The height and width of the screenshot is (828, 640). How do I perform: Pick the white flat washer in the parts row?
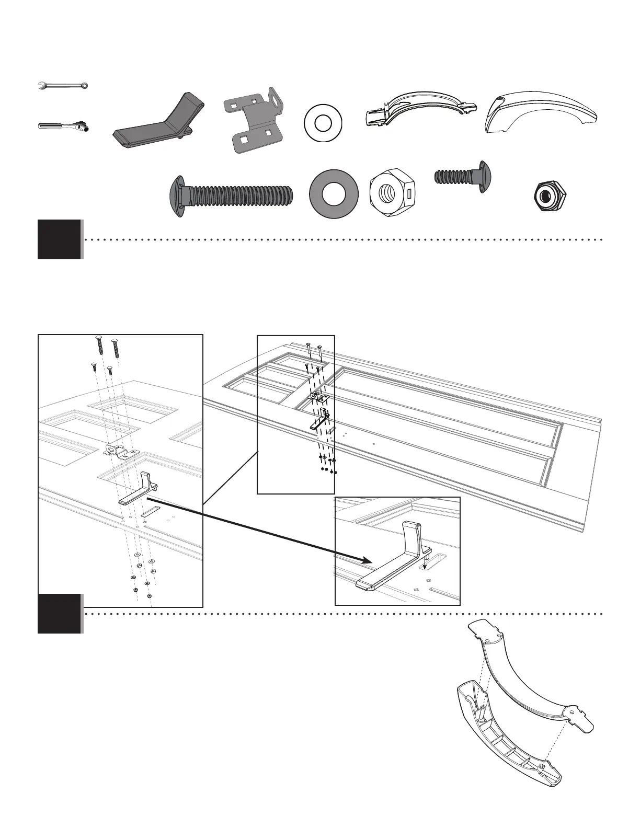tap(322, 125)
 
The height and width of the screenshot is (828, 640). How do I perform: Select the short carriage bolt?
tap(464, 176)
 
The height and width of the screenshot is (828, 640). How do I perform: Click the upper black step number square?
tap(60, 239)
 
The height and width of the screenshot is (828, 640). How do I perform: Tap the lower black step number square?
tap(60, 614)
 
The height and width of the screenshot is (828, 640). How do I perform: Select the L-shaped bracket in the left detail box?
tap(138, 489)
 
